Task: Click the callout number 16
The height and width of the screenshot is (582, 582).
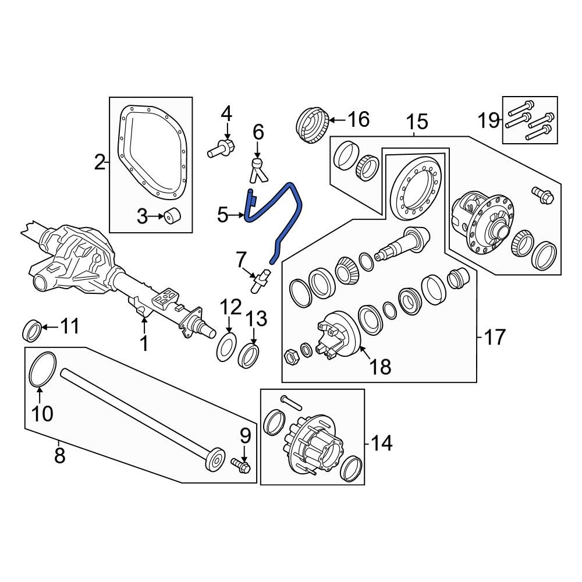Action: click(358, 119)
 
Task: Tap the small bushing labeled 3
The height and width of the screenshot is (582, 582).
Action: click(172, 216)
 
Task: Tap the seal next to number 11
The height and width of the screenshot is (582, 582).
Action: click(32, 331)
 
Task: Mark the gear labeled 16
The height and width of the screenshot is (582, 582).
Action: click(313, 125)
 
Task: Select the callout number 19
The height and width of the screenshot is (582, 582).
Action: click(489, 120)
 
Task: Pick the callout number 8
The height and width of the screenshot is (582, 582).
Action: click(59, 455)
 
